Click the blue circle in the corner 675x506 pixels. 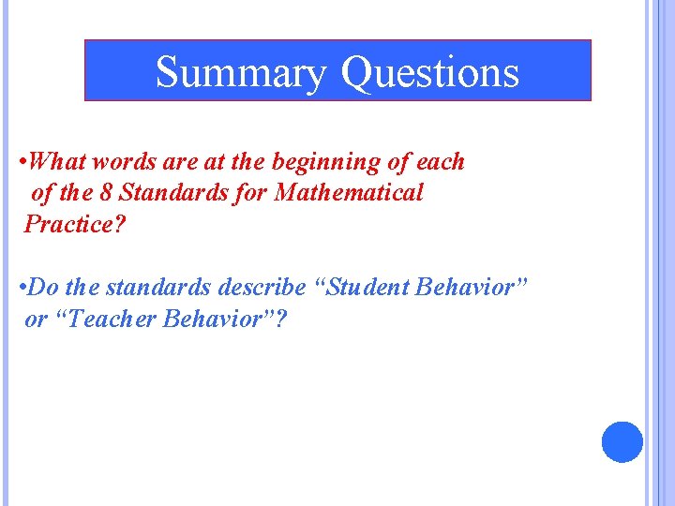coord(622,441)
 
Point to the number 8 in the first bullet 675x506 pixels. coord(108,193)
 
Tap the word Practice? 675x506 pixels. coord(75,225)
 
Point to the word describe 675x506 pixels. coord(262,287)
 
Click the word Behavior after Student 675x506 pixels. coord(472,287)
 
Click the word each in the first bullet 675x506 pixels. coord(441,161)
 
